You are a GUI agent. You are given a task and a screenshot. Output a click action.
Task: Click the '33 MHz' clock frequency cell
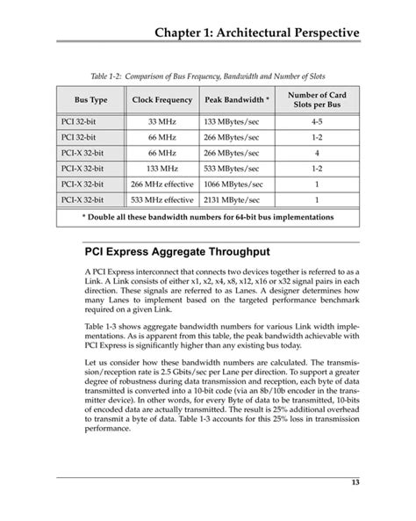click(162, 121)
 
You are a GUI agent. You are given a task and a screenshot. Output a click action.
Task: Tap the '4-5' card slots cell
click(316, 121)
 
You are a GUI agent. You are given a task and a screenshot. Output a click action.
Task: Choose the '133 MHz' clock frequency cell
click(162, 168)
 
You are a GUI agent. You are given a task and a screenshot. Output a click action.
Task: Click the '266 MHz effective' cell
click(162, 184)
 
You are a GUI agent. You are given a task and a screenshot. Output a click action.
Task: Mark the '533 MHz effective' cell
click(162, 199)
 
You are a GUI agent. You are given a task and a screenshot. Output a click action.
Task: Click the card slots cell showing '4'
click(316, 152)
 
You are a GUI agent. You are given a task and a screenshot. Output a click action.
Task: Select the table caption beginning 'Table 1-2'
click(208, 76)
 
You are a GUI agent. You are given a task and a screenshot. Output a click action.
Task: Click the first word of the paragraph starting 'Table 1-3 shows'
click(96, 325)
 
